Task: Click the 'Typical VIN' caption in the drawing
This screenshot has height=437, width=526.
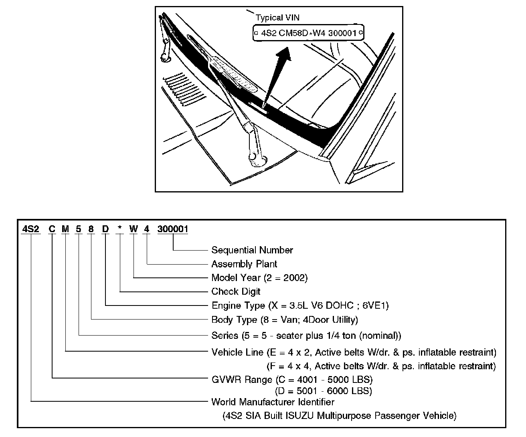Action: tap(277, 18)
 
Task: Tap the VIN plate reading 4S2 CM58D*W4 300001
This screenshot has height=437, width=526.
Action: tap(308, 33)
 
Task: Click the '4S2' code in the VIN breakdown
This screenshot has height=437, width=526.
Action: tap(31, 229)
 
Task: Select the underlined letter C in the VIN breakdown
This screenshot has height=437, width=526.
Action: tap(52, 229)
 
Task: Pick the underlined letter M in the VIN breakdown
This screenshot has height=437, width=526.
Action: tap(65, 229)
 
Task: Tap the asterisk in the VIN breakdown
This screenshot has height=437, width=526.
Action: tap(119, 229)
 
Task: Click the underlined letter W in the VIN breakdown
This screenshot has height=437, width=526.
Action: tap(134, 229)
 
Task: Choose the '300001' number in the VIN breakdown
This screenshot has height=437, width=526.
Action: tap(173, 229)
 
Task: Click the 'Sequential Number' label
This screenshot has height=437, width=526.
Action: tap(252, 250)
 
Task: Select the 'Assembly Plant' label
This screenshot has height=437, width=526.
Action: tap(244, 264)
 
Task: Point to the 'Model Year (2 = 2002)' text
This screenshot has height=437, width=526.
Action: tap(259, 278)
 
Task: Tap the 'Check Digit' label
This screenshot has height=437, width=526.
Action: tap(236, 291)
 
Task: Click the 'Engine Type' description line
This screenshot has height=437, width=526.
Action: tap(300, 305)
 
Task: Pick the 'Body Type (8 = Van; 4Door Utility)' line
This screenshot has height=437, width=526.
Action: tap(285, 320)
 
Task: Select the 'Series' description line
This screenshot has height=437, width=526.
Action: tap(306, 335)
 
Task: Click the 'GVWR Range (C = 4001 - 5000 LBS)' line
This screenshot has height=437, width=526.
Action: tap(292, 379)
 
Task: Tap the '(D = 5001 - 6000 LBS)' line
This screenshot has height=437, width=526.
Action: tap(323, 390)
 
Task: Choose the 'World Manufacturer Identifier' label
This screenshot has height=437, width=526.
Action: tap(273, 402)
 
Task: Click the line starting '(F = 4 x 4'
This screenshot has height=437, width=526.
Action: tap(381, 366)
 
